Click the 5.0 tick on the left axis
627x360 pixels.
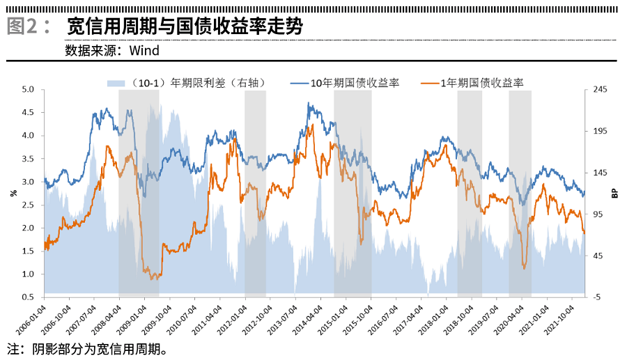coord(29,90)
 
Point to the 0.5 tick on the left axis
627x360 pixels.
coord(29,297)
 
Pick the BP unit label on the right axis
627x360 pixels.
coord(615,193)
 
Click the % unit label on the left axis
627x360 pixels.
coord(13,193)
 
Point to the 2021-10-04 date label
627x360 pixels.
coord(561,319)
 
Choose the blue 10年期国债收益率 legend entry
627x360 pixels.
coord(346,83)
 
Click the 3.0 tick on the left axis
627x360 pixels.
coord(29,182)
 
